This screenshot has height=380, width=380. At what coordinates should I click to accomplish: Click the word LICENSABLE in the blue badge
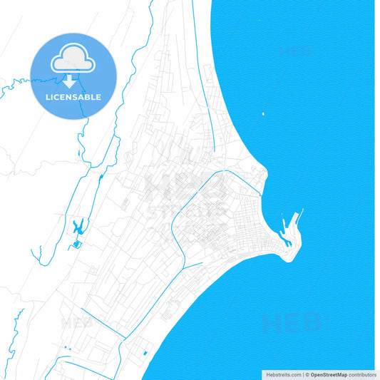click(73, 96)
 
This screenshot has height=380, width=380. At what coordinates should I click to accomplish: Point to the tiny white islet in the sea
click(263, 113)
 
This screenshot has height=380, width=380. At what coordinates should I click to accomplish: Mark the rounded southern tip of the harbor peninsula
click(289, 258)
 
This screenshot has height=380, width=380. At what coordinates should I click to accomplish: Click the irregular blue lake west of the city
click(78, 228)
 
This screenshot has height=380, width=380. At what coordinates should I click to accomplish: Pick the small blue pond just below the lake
click(76, 245)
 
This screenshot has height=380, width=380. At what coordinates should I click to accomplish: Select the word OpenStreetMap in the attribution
click(329, 374)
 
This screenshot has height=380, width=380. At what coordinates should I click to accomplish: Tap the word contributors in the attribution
click(362, 374)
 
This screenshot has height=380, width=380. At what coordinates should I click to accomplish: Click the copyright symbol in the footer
click(307, 374)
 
